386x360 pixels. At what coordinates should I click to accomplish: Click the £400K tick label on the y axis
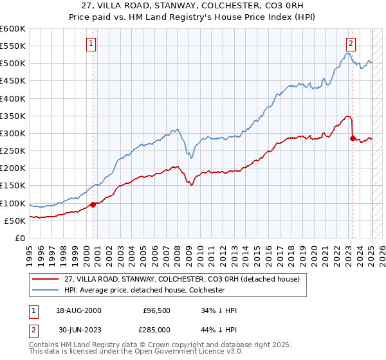click(13, 98)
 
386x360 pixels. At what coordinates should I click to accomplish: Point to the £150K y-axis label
click(13, 186)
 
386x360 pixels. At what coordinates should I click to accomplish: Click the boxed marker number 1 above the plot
click(91, 44)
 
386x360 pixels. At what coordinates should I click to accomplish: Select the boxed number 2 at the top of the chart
click(351, 44)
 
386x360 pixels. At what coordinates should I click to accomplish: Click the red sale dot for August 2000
click(93, 204)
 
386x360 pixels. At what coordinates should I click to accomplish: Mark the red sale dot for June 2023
click(353, 138)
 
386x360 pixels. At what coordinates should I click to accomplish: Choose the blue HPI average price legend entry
click(143, 290)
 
